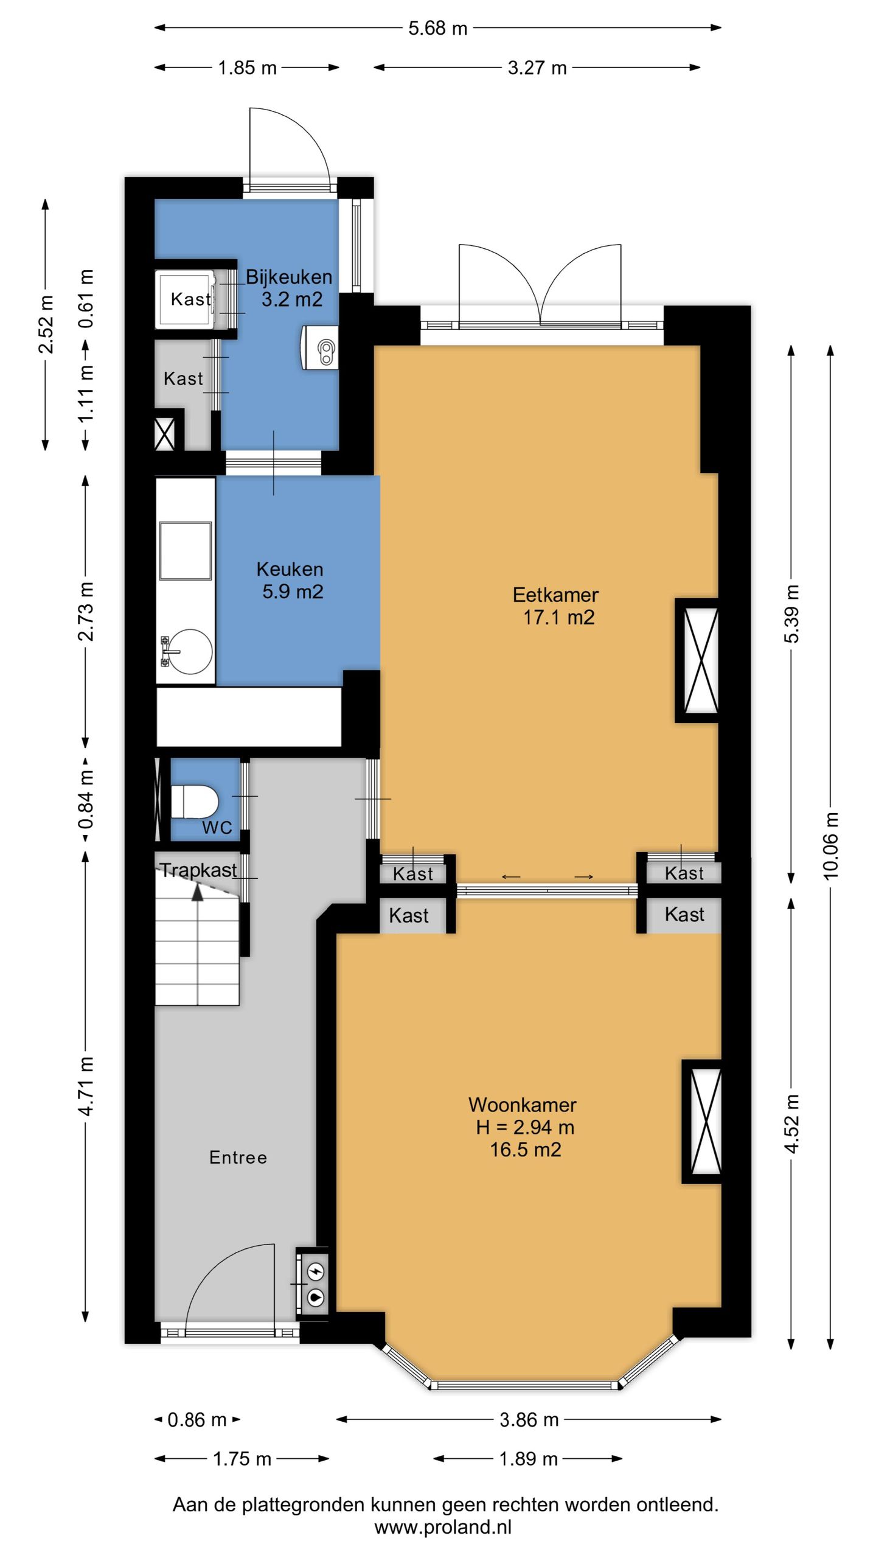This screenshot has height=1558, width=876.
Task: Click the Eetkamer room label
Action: tap(555, 595)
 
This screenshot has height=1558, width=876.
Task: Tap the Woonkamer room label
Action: tap(523, 1105)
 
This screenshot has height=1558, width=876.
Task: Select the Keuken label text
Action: tap(290, 569)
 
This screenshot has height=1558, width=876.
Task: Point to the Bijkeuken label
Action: tap(289, 277)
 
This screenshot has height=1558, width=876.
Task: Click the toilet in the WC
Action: tap(194, 802)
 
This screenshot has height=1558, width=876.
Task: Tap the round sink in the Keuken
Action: tap(190, 651)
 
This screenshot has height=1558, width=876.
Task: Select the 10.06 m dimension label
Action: tap(830, 845)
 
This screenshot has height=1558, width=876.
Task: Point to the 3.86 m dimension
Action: tap(529, 1420)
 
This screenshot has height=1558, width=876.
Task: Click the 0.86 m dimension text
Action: tap(196, 1420)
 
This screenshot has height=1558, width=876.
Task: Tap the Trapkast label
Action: tap(198, 870)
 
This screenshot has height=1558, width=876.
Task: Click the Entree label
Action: tap(238, 1157)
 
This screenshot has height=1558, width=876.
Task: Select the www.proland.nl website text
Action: tap(443, 1527)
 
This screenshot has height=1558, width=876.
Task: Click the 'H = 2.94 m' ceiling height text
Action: tap(525, 1127)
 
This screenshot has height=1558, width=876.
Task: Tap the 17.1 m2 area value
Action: tap(558, 617)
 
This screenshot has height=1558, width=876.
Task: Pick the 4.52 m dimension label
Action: tap(791, 1123)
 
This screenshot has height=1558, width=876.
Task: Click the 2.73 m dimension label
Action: tap(86, 611)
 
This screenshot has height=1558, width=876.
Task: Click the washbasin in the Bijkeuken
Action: tap(319, 348)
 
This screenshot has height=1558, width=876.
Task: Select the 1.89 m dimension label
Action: tap(528, 1459)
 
